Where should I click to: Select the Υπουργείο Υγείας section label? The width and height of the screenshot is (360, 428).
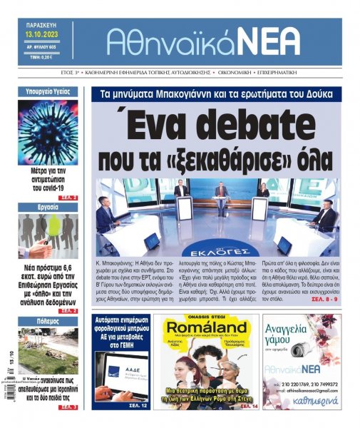click(47, 92)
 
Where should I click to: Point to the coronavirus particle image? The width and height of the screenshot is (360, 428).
click(48, 132)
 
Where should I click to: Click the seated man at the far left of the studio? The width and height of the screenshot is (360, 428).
click(105, 213)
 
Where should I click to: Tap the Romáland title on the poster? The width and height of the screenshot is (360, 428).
click(205, 331)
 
